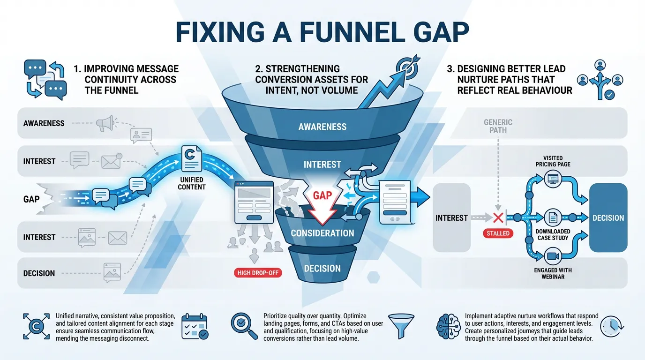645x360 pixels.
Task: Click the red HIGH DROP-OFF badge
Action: (258, 272)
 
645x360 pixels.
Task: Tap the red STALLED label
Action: (498, 233)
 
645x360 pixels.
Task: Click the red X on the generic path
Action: (498, 217)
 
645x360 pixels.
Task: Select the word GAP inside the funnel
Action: (322, 195)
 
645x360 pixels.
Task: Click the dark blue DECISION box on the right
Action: (608, 218)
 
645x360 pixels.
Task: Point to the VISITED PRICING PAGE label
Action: (553, 161)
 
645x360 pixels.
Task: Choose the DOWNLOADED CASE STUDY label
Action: (553, 234)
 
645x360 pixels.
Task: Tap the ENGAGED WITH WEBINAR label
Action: (553, 273)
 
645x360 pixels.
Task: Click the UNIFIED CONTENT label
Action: (191, 183)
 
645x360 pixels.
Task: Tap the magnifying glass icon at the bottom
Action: (244, 326)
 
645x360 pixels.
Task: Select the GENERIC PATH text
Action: (498, 126)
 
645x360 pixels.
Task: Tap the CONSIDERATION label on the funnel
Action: (322, 233)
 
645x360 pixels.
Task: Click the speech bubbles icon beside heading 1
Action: (45, 79)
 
